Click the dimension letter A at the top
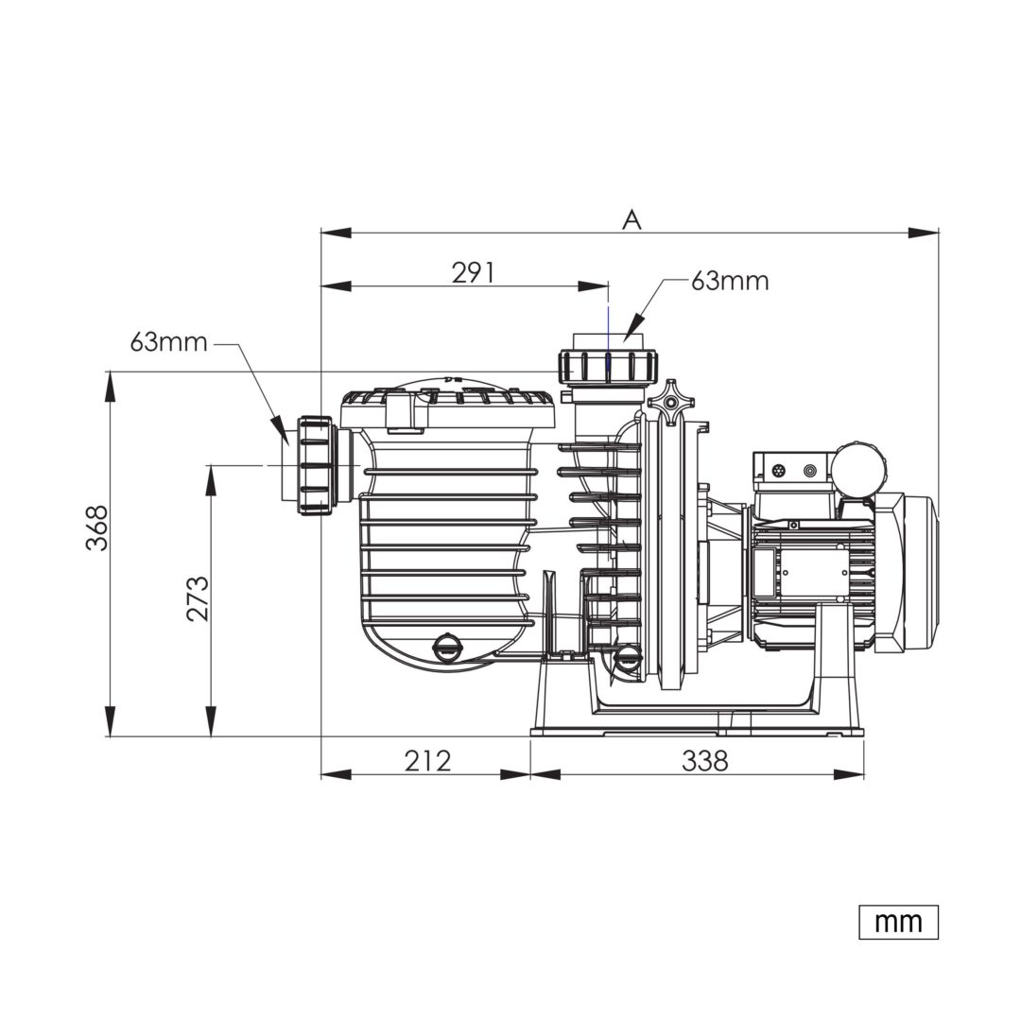click(632, 220)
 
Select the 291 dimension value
click(474, 273)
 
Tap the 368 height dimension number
click(97, 528)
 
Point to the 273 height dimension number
click(198, 598)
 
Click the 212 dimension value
click(428, 760)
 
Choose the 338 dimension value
click(705, 760)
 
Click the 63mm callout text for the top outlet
click(730, 281)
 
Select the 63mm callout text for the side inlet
click(168, 342)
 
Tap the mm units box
click(899, 922)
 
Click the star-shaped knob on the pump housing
click(670, 403)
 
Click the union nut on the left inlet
click(316, 465)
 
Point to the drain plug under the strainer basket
click(446, 646)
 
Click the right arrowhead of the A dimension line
click(924, 233)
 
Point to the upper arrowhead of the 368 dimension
click(111, 387)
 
